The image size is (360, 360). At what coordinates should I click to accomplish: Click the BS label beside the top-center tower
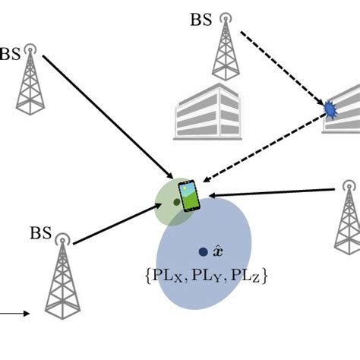(201, 19)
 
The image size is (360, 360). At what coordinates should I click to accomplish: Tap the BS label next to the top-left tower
(10, 54)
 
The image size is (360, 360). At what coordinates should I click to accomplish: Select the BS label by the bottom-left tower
(41, 232)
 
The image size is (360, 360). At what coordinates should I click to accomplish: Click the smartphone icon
(190, 195)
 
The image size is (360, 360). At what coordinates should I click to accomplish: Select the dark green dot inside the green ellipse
(176, 202)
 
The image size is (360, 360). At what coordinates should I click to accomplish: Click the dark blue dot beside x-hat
(203, 251)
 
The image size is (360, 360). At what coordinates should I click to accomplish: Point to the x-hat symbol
(219, 251)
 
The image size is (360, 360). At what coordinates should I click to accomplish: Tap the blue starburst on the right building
(330, 110)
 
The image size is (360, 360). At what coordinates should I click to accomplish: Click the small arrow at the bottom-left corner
(15, 313)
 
